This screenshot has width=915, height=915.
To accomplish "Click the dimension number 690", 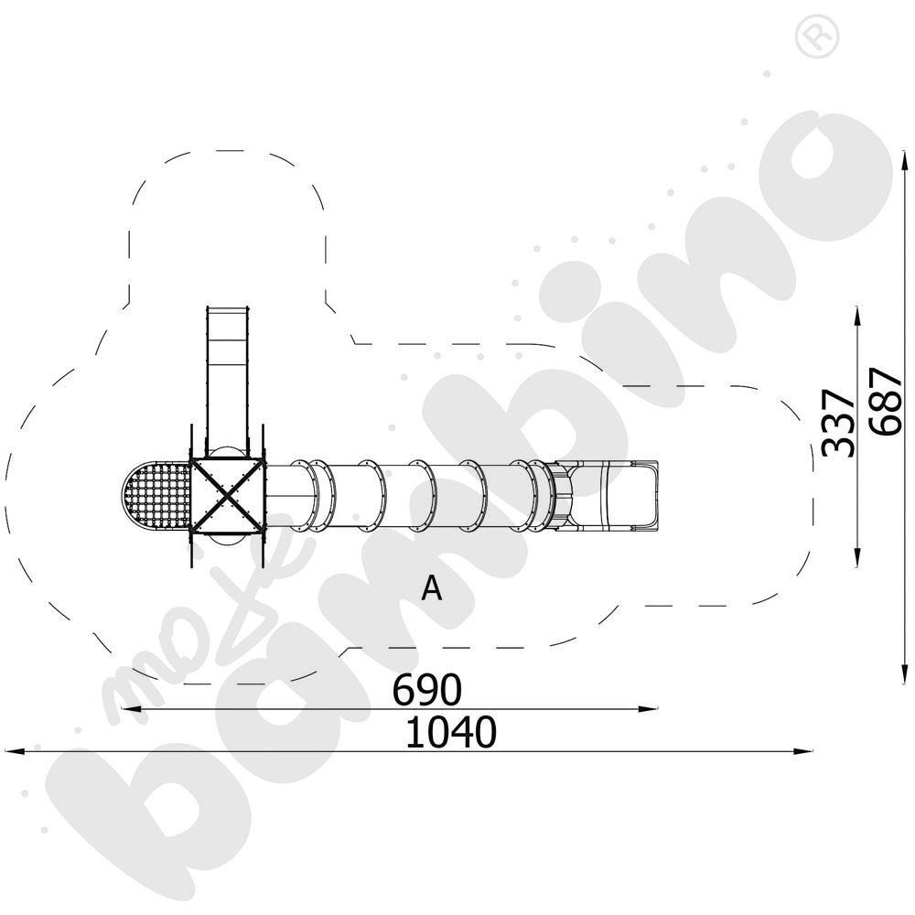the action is pyautogui.click(x=426, y=689).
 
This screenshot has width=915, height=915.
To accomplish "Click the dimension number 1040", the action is pyautogui.click(x=450, y=732).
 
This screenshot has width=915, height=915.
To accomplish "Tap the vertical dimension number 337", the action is pyautogui.click(x=837, y=423).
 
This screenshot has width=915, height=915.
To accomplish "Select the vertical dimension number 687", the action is pyautogui.click(x=886, y=401).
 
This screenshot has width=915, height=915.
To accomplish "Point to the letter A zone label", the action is pyautogui.click(x=432, y=588).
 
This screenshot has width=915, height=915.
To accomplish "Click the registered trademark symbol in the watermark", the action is pyautogui.click(x=816, y=37).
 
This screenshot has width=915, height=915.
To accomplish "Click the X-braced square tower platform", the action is pyautogui.click(x=228, y=495).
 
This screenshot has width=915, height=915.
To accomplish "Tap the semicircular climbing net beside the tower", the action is pyautogui.click(x=156, y=495).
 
